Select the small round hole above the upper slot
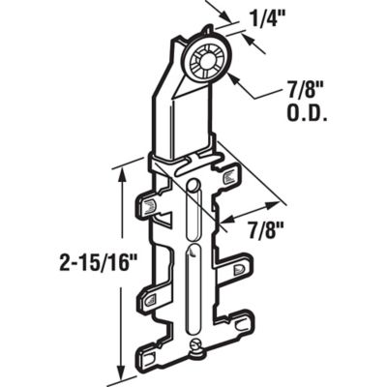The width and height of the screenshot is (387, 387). click(193, 183)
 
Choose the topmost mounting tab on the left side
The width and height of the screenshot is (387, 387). click(148, 205)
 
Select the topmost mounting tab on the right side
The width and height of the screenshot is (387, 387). click(229, 177)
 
